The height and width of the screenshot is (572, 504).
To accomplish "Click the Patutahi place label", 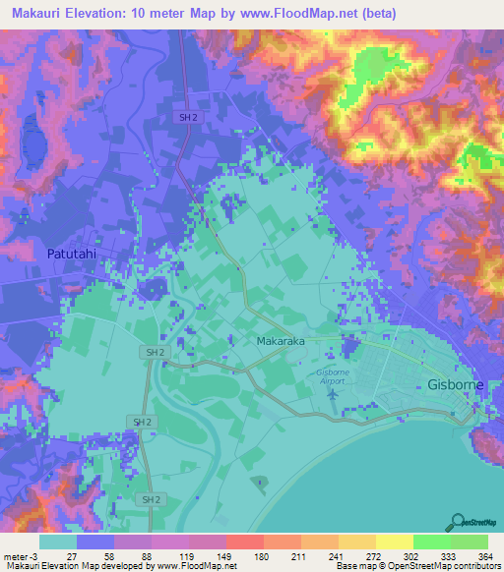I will [x=73, y=254].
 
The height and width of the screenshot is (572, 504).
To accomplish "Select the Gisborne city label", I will [x=456, y=384].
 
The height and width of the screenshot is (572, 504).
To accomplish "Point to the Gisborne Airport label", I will [x=341, y=376].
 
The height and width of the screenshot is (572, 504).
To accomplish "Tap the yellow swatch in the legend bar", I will [x=394, y=543].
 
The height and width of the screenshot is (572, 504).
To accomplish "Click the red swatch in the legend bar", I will [x=244, y=543].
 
